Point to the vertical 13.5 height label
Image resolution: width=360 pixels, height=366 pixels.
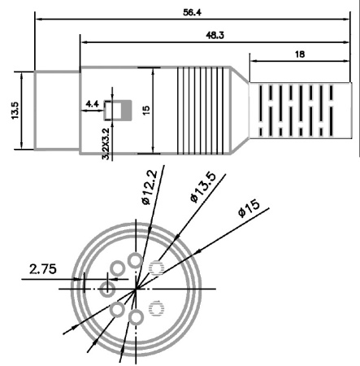15,110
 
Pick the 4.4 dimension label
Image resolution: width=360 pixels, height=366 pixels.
92,104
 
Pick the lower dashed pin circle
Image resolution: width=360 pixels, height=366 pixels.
158,307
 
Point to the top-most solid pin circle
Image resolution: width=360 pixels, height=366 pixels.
136,260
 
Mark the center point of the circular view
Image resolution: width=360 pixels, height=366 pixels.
137,288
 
